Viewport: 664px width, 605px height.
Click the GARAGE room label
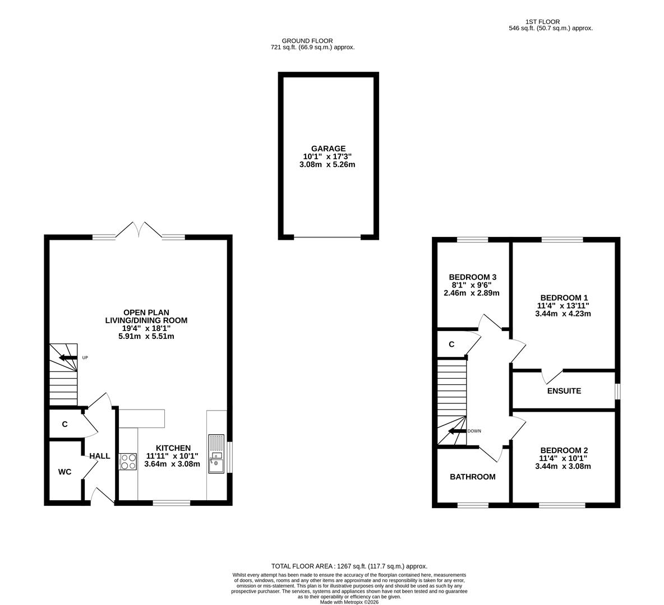point(328,148)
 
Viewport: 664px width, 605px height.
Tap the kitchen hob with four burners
point(128,461)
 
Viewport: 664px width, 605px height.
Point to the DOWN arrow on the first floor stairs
point(457,431)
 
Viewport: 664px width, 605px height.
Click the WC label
point(65,472)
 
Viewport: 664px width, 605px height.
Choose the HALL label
point(100,456)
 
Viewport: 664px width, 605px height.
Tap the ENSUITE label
point(564,390)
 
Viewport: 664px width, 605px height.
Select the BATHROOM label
point(473,477)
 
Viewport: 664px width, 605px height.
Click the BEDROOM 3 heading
point(472,277)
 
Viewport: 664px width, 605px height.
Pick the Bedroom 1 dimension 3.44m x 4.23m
point(563,314)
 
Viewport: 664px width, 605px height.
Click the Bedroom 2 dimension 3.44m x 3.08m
point(563,466)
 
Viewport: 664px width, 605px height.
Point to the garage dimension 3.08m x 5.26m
point(328,165)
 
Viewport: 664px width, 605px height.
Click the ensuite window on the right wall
point(617,391)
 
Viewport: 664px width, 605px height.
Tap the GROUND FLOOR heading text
point(307,41)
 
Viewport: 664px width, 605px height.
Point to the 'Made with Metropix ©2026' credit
point(349,602)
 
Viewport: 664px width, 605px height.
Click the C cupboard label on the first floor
point(451,345)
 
